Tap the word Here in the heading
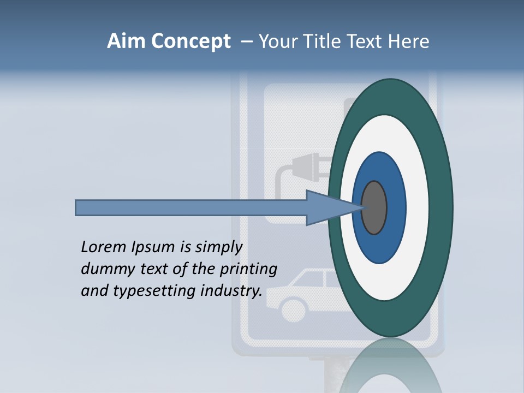(409, 41)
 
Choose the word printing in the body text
(249, 270)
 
